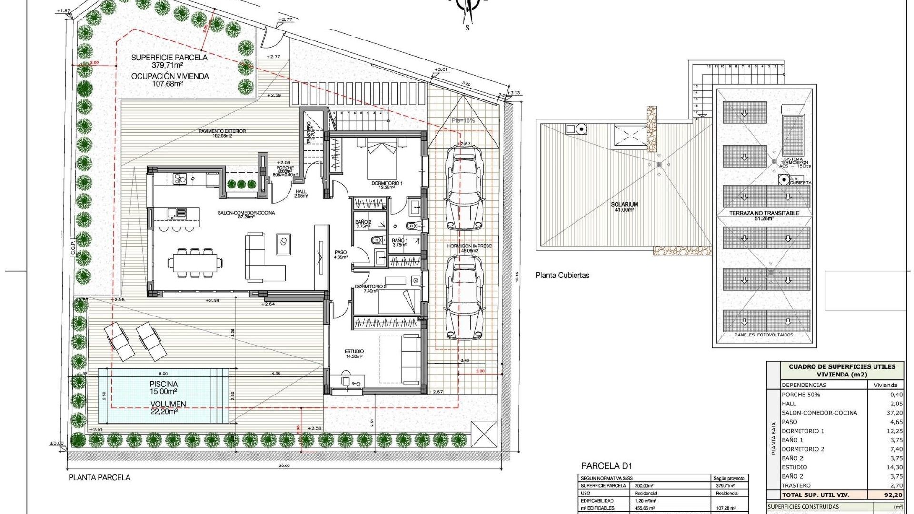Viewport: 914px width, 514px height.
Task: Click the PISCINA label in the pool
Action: [x=163, y=384]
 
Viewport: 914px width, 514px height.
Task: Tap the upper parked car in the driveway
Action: [x=464, y=188]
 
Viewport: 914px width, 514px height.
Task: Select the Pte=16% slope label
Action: [x=463, y=120]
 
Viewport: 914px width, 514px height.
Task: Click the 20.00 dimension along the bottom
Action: [x=284, y=466]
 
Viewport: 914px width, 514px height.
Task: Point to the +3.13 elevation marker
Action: [x=515, y=93]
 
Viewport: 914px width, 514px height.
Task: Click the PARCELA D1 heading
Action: [x=606, y=466]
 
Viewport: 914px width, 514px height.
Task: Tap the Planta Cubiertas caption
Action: [x=562, y=275]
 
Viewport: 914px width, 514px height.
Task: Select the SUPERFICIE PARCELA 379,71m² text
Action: [x=169, y=61]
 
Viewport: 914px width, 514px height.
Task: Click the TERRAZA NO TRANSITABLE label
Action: [x=764, y=213]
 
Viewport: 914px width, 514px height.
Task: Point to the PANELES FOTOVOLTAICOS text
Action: [x=764, y=335]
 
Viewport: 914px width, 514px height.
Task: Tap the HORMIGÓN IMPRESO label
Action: [x=469, y=246]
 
